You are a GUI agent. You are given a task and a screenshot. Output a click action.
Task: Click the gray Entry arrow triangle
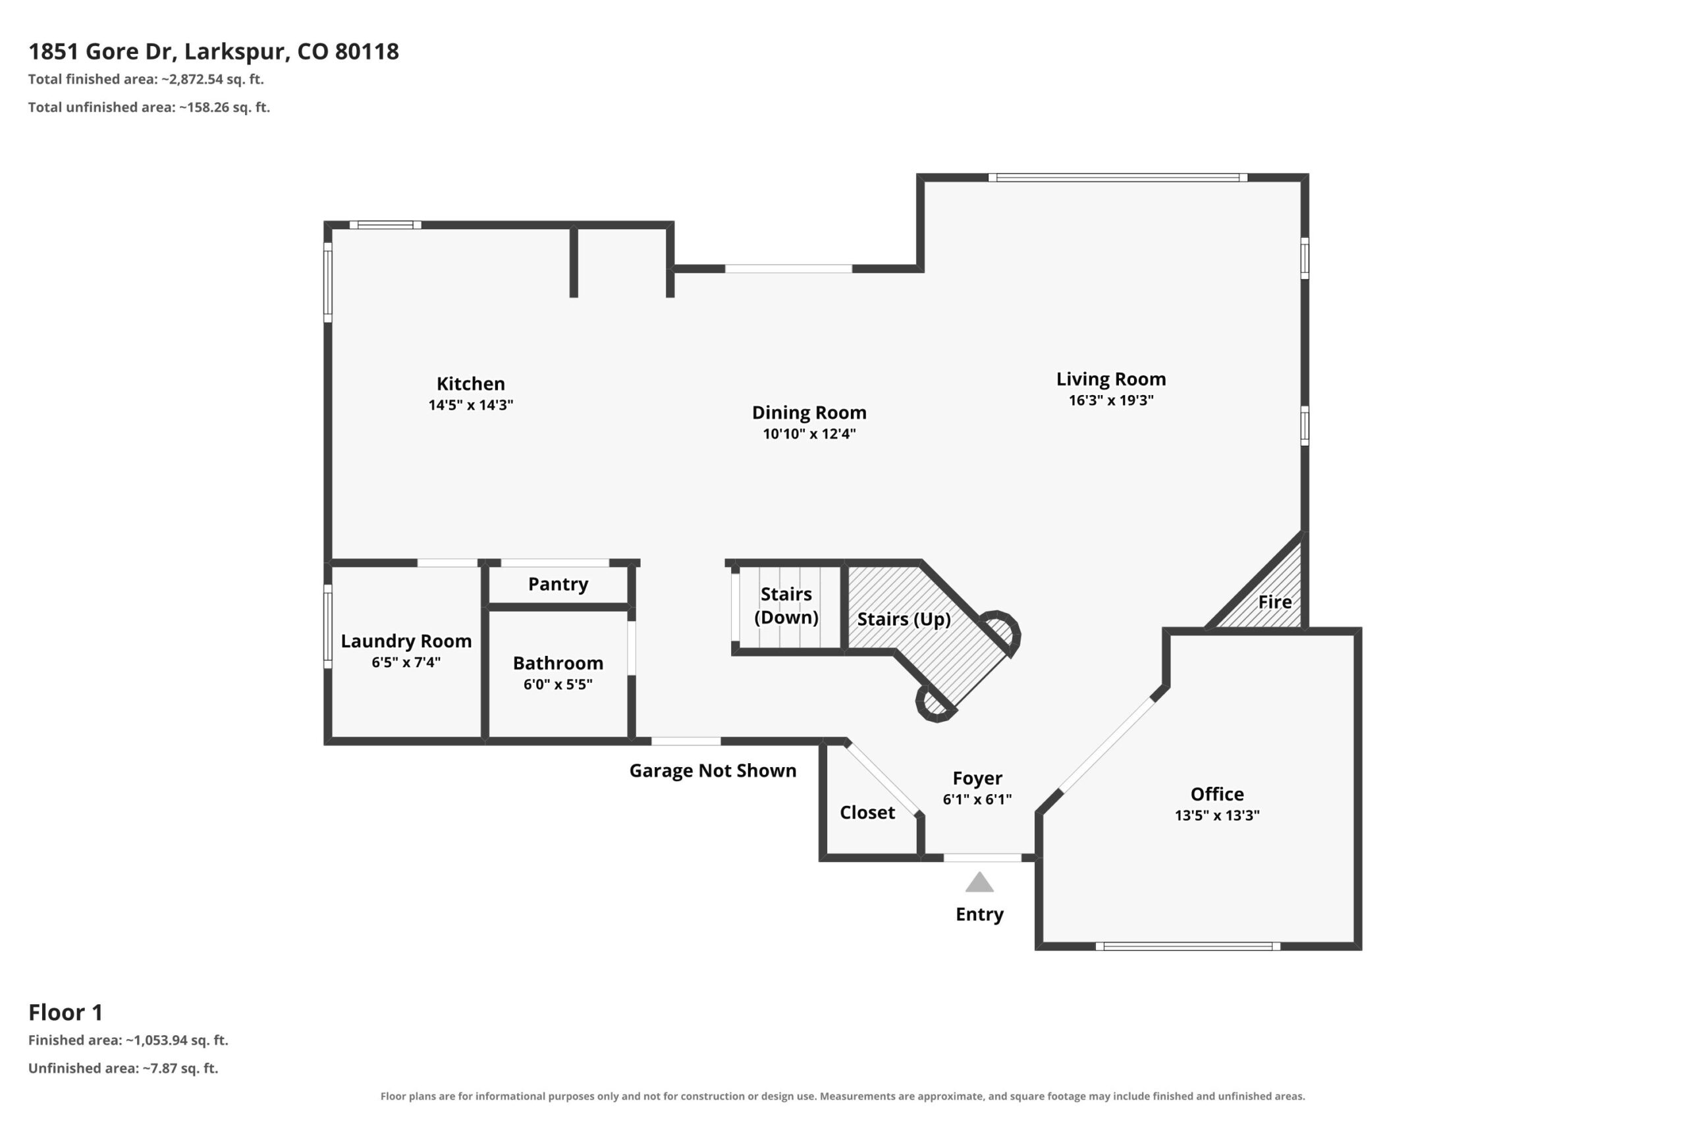pyautogui.click(x=979, y=882)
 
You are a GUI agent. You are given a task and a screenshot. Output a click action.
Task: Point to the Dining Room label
pyautogui.click(x=809, y=412)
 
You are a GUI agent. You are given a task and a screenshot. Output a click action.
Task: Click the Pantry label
pyautogui.click(x=558, y=584)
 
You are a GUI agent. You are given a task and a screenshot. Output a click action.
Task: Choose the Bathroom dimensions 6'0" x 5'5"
pyautogui.click(x=558, y=684)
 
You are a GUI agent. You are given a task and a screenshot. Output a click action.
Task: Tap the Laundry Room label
pyautogui.click(x=406, y=641)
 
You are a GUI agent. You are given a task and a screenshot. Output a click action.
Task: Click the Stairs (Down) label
pyautogui.click(x=786, y=606)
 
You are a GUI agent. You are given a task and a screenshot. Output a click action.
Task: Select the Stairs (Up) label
pyautogui.click(x=904, y=619)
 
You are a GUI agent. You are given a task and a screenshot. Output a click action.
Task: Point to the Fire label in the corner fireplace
pyautogui.click(x=1275, y=601)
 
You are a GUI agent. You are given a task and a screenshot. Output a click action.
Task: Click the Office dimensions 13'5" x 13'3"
pyautogui.click(x=1217, y=815)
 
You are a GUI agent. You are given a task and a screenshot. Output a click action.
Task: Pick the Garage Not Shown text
pyautogui.click(x=713, y=770)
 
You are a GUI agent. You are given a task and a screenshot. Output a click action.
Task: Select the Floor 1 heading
pyautogui.click(x=66, y=1012)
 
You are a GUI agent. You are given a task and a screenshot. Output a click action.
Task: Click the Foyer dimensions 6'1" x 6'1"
pyautogui.click(x=977, y=799)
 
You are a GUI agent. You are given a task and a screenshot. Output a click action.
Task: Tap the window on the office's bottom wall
pyautogui.click(x=1188, y=946)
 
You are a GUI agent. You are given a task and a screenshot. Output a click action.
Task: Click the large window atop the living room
pyautogui.click(x=1118, y=178)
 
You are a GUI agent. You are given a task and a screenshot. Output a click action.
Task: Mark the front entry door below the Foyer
pyautogui.click(x=982, y=857)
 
